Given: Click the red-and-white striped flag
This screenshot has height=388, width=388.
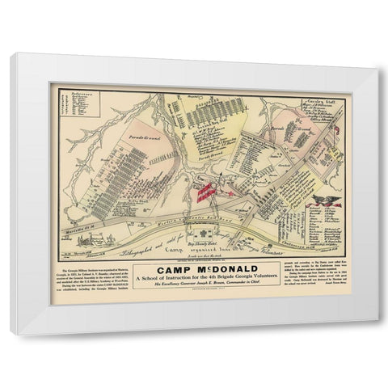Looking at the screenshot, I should [209, 192].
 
